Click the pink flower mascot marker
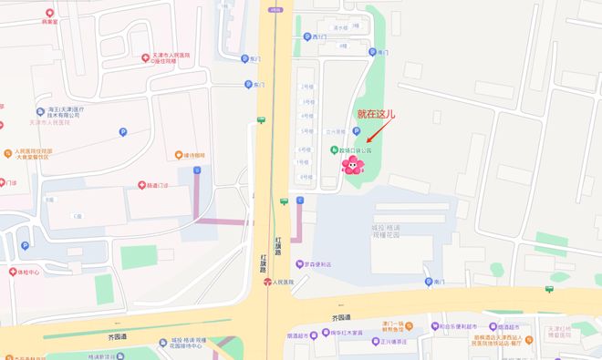(x=352, y=164)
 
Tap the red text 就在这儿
(x=377, y=114)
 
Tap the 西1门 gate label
(x=315, y=37)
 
